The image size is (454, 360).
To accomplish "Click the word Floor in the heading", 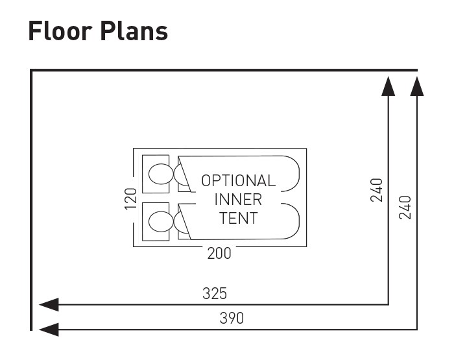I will click(59, 31).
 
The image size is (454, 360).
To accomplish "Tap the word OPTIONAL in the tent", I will click(238, 181).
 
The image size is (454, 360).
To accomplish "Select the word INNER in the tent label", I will click(238, 199).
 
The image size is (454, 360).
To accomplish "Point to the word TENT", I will click(238, 218).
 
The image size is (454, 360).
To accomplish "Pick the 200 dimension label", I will click(219, 254).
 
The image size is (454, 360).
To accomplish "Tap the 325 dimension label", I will click(215, 293).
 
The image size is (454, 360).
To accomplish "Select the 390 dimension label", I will click(232, 318).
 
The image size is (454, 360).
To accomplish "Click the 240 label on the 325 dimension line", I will click(377, 189).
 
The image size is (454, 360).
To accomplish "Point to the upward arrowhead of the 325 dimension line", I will click(388, 85).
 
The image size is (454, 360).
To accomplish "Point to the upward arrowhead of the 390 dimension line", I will click(417, 85).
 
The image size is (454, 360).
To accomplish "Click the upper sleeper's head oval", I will click(159, 174).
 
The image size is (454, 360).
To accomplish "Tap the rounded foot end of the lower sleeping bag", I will click(291, 221).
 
